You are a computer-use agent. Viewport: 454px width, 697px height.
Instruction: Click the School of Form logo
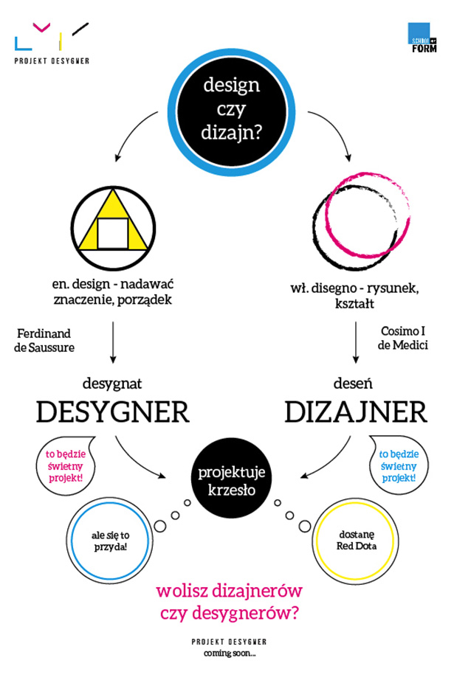tap(422, 38)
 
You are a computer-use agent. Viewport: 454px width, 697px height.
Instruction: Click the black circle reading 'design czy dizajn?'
tap(231, 112)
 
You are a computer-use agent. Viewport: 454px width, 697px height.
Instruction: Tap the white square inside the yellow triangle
tap(113, 234)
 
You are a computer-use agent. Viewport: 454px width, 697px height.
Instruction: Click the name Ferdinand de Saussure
tap(44, 341)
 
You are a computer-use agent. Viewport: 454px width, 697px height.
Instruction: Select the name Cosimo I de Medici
tap(403, 338)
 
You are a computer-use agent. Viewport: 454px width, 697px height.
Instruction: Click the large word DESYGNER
tap(113, 412)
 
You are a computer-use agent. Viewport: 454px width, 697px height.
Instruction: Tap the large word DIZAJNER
tap(356, 412)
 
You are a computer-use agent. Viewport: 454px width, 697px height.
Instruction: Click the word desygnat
tap(112, 384)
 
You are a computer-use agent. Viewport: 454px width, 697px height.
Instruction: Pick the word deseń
tap(353, 384)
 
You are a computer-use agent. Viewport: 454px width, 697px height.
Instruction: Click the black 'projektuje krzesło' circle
tap(232, 481)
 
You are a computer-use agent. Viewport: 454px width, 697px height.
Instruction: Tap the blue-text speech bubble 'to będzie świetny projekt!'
tap(399, 465)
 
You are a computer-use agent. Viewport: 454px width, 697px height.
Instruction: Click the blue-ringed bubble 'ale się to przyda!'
tap(110, 541)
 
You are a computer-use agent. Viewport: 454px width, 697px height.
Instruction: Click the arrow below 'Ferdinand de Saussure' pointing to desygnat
tap(113, 342)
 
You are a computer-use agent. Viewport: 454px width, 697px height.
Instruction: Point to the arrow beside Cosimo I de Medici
tap(355, 342)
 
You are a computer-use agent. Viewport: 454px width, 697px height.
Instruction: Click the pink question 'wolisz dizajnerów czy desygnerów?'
tap(230, 603)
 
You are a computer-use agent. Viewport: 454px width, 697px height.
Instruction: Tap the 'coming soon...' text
tap(230, 653)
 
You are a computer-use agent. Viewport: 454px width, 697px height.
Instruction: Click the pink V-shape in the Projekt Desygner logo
tap(42, 27)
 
